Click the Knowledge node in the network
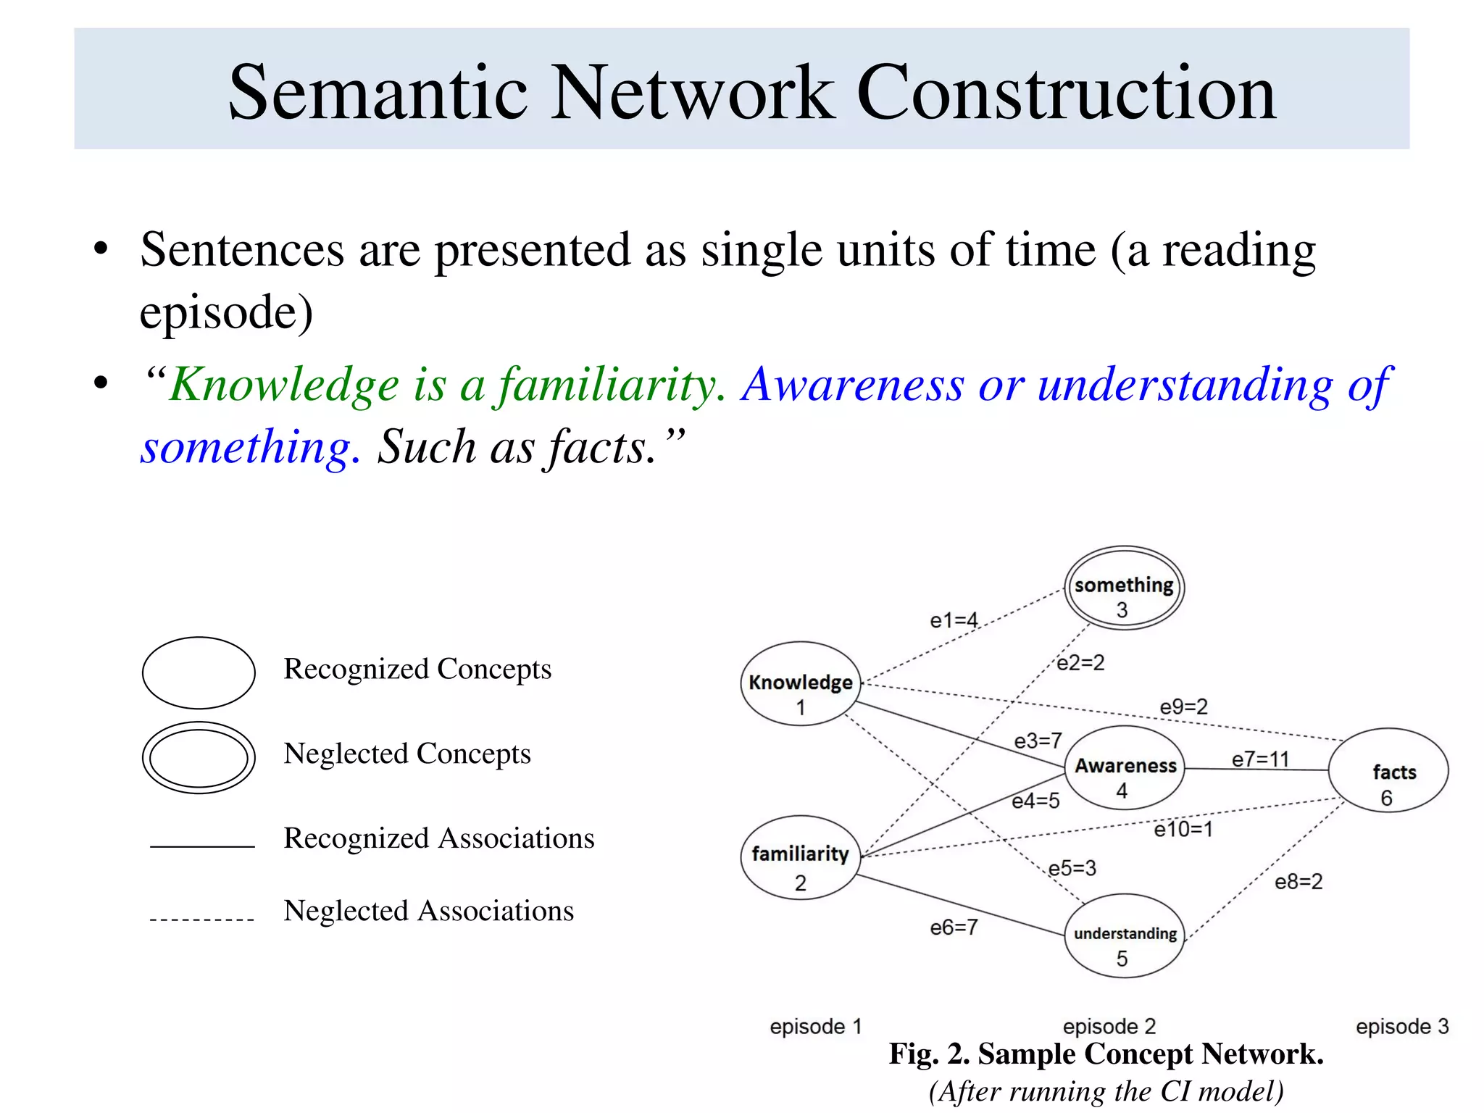point(800,684)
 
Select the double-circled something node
point(1124,588)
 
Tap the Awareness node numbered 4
point(1125,768)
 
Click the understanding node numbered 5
point(1125,936)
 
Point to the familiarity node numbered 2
point(800,858)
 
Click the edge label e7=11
point(1260,759)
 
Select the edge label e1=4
point(954,620)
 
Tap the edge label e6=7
point(954,927)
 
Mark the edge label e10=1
point(1183,829)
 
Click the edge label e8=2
point(1298,882)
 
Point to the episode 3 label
point(1401,1027)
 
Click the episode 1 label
point(815,1027)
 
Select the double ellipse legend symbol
point(199,757)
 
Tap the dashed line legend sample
point(202,920)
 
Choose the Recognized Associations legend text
point(438,838)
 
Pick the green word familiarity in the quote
point(609,385)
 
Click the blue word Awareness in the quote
point(853,385)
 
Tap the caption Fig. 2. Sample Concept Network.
point(1106,1054)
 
